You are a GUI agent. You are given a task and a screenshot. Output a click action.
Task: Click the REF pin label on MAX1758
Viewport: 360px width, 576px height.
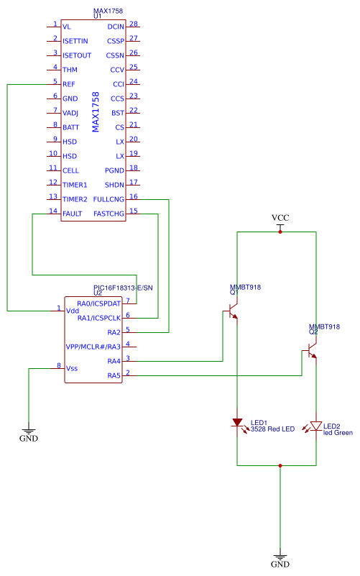point(69,84)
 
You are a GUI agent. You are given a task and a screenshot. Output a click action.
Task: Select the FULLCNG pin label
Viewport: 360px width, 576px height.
point(109,199)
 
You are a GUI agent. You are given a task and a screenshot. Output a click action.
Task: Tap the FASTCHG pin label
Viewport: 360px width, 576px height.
point(109,214)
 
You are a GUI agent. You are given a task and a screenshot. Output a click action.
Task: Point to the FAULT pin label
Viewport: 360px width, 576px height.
point(73,214)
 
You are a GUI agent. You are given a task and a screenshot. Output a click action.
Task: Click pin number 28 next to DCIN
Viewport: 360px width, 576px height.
point(134,24)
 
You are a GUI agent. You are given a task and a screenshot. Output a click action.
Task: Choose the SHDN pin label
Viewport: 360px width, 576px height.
point(114,185)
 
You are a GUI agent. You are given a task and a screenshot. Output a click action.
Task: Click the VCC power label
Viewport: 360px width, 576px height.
point(280,217)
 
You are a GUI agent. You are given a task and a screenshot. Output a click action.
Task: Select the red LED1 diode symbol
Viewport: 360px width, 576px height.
point(237,422)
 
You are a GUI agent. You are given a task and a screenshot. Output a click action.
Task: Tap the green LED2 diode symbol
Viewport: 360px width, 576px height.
point(315,426)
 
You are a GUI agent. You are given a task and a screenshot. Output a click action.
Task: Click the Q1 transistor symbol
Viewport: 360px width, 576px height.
point(234,311)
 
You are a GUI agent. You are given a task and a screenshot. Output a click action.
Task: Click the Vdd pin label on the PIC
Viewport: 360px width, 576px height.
point(73,311)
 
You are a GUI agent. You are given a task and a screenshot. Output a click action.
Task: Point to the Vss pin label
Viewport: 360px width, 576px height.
point(72,368)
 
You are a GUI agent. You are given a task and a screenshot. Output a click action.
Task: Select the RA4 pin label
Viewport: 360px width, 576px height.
point(114,361)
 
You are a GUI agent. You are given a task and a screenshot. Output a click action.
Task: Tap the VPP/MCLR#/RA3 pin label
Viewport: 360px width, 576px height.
point(93,347)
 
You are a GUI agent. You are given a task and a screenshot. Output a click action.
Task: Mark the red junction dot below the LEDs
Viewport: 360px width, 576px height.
point(280,465)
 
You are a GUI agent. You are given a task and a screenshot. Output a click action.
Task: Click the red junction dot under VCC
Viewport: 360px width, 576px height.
point(280,232)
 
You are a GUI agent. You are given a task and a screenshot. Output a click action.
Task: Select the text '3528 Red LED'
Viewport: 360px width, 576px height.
point(272,429)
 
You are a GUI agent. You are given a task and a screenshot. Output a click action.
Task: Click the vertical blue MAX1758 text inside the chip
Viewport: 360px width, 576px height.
point(96,112)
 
